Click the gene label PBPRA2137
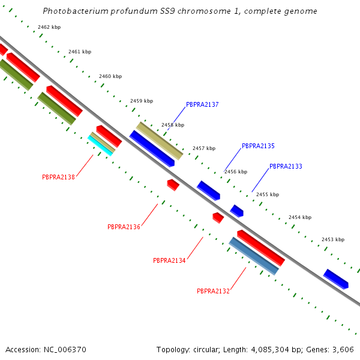tap(202, 104)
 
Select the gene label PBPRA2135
tap(258, 146)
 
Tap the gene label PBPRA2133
tap(286, 166)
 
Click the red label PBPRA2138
tap(58, 177)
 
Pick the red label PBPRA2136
tap(124, 227)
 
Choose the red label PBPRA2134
tap(169, 260)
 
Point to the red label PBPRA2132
tap(213, 291)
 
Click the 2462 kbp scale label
tap(49, 27)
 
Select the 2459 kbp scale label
tap(142, 101)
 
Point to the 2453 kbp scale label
tap(333, 239)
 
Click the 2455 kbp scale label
tap(268, 194)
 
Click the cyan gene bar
tap(100, 146)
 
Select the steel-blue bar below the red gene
tap(254, 256)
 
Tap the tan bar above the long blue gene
tap(159, 140)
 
